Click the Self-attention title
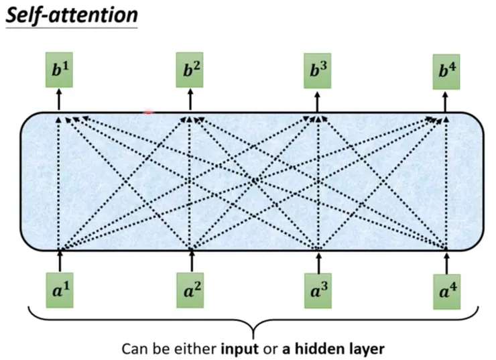click(71, 14)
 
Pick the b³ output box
click(317, 71)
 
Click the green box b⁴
click(446, 71)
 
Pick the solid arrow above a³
click(318, 261)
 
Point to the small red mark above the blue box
click(149, 112)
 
